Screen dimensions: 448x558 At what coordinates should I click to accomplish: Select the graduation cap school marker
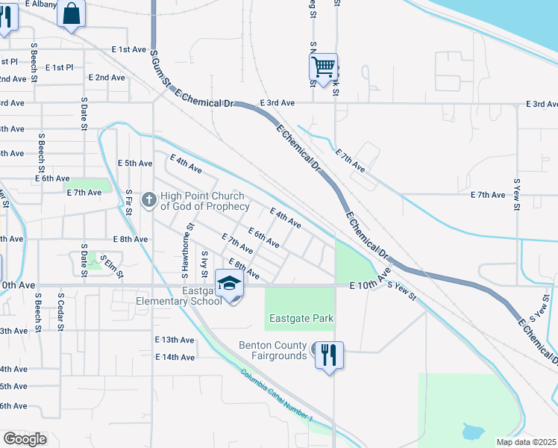click(230, 284)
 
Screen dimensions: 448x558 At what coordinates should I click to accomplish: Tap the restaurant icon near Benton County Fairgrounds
click(329, 355)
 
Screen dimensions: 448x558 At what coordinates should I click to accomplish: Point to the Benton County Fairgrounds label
click(272, 350)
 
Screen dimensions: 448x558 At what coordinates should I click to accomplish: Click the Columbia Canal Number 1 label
click(277, 396)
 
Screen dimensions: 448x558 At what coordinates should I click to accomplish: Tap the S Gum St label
click(156, 71)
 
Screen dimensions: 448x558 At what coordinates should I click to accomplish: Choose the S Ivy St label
click(204, 263)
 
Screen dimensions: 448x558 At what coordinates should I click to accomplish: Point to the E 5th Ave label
click(135, 163)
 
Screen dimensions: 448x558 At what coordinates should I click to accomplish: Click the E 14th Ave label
click(175, 357)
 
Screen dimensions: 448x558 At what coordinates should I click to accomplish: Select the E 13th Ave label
click(175, 340)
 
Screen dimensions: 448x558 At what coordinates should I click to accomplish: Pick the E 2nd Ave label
click(107, 77)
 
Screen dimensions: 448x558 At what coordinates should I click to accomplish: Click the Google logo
click(25, 439)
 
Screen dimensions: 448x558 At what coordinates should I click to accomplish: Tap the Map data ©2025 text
click(525, 442)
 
